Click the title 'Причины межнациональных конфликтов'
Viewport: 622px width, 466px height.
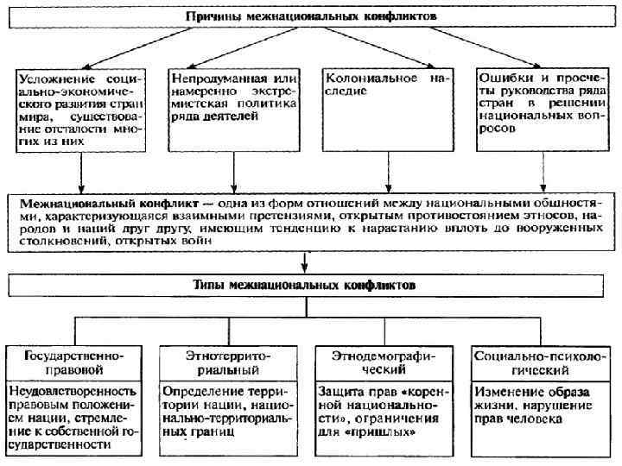[312, 16]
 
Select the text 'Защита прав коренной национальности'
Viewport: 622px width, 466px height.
[378, 411]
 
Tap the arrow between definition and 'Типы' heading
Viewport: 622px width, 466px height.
[305, 261]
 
